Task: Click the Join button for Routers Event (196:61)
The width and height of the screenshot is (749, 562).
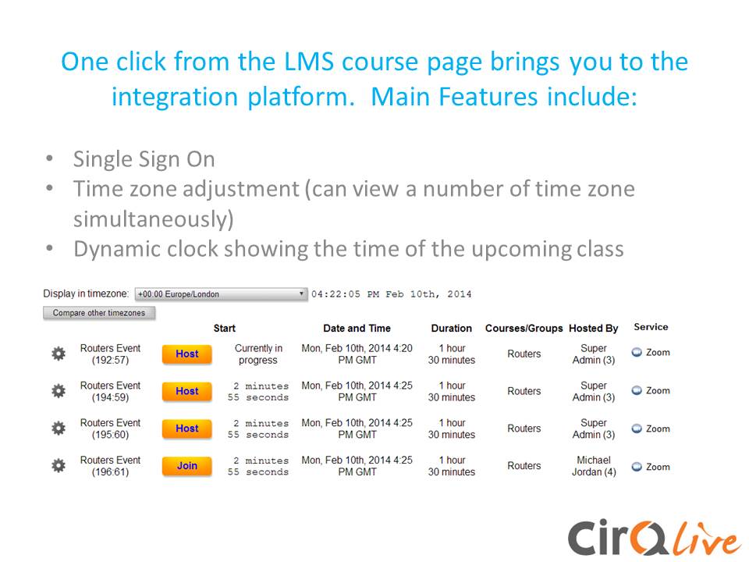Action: (186, 466)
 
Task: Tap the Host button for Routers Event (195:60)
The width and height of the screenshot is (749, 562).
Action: (186, 429)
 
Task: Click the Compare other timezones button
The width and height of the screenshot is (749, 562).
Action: (99, 313)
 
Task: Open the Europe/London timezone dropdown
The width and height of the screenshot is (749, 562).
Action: (221, 294)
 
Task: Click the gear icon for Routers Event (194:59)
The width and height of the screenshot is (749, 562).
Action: (59, 391)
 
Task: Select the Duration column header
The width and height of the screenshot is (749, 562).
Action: (452, 329)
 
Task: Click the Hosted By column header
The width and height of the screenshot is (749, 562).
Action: (593, 329)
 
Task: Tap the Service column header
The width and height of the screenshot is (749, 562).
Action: (651, 327)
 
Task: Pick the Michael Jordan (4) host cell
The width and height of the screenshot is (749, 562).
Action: (594, 466)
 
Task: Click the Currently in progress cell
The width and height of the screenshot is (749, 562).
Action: (258, 354)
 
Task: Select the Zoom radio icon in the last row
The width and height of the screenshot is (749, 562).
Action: (637, 467)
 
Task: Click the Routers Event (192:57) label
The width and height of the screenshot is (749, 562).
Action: (110, 354)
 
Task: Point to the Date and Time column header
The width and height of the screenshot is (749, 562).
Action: (357, 329)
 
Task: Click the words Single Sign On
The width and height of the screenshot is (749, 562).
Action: (144, 159)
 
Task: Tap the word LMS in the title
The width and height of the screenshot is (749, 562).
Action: (309, 62)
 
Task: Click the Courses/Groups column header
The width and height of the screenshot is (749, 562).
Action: (524, 329)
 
